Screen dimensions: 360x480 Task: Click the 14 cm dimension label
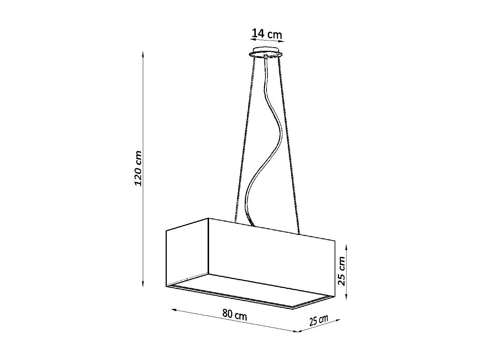(x=267, y=34)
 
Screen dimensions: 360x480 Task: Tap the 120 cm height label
(x=138, y=168)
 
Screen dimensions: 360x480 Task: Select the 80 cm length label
(x=234, y=315)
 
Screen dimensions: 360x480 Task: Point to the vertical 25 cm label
(x=342, y=271)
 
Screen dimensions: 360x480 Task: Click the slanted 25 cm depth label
(x=318, y=321)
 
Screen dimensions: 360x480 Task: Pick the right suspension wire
(x=290, y=147)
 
